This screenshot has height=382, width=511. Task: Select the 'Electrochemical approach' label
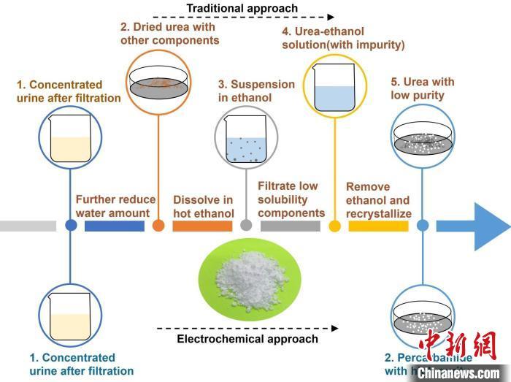(x=247, y=339)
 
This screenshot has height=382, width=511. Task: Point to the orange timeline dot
(x=158, y=226)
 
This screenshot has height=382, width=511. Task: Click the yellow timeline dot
(x=335, y=226)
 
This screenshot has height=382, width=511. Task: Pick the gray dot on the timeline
(x=246, y=226)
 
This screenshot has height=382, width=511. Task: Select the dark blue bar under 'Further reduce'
(x=114, y=226)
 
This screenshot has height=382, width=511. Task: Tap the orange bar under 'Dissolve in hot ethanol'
(x=202, y=226)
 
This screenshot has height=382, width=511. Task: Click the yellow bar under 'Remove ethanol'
(x=378, y=226)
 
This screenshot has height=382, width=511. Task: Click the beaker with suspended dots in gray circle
(x=246, y=140)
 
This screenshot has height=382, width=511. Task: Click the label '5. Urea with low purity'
(x=418, y=88)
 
